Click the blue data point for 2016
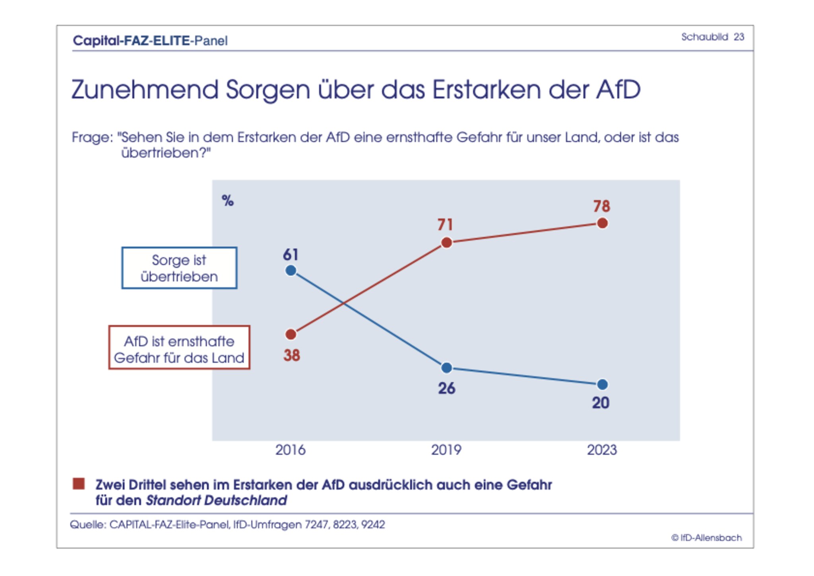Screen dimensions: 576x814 coord(291,271)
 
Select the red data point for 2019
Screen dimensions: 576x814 coord(447,243)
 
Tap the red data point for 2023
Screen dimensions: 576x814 coord(603,224)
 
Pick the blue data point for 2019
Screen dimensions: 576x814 coord(447,368)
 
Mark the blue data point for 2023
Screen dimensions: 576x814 coord(603,385)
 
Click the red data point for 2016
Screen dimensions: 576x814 coord(291,335)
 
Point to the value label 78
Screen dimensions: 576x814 coord(602,206)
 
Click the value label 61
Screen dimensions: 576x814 coord(291,255)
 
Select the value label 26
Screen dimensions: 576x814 coord(447,389)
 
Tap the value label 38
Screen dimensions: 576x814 coord(292,355)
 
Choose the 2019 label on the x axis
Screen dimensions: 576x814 coord(446,450)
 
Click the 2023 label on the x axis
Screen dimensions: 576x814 coord(602,450)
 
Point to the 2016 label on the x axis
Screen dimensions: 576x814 coord(291,450)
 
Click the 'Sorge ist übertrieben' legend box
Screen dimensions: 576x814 coord(179,268)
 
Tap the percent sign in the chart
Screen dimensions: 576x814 coord(228,201)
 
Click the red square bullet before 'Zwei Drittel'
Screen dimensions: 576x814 coord(79,484)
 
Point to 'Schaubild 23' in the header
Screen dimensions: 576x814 coord(713,37)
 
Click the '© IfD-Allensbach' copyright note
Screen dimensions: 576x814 coord(707,538)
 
